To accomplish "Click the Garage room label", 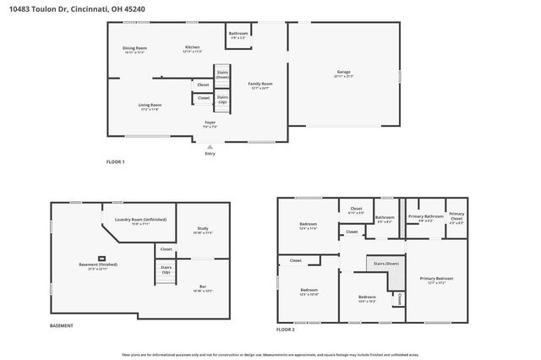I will [343, 74].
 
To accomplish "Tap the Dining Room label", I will [135, 50].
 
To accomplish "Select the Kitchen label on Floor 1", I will [193, 49].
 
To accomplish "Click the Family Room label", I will [260, 85].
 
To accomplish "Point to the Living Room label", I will [150, 106].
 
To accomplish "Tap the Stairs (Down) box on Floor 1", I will [222, 74].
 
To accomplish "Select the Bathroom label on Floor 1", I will [238, 35].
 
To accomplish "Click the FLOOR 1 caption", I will [115, 161].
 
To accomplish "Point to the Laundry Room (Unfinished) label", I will [140, 221].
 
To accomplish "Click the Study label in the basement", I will [203, 230].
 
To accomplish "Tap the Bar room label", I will [203, 288].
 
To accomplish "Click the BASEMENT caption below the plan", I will [62, 325].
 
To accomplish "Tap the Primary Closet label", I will [456, 215].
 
